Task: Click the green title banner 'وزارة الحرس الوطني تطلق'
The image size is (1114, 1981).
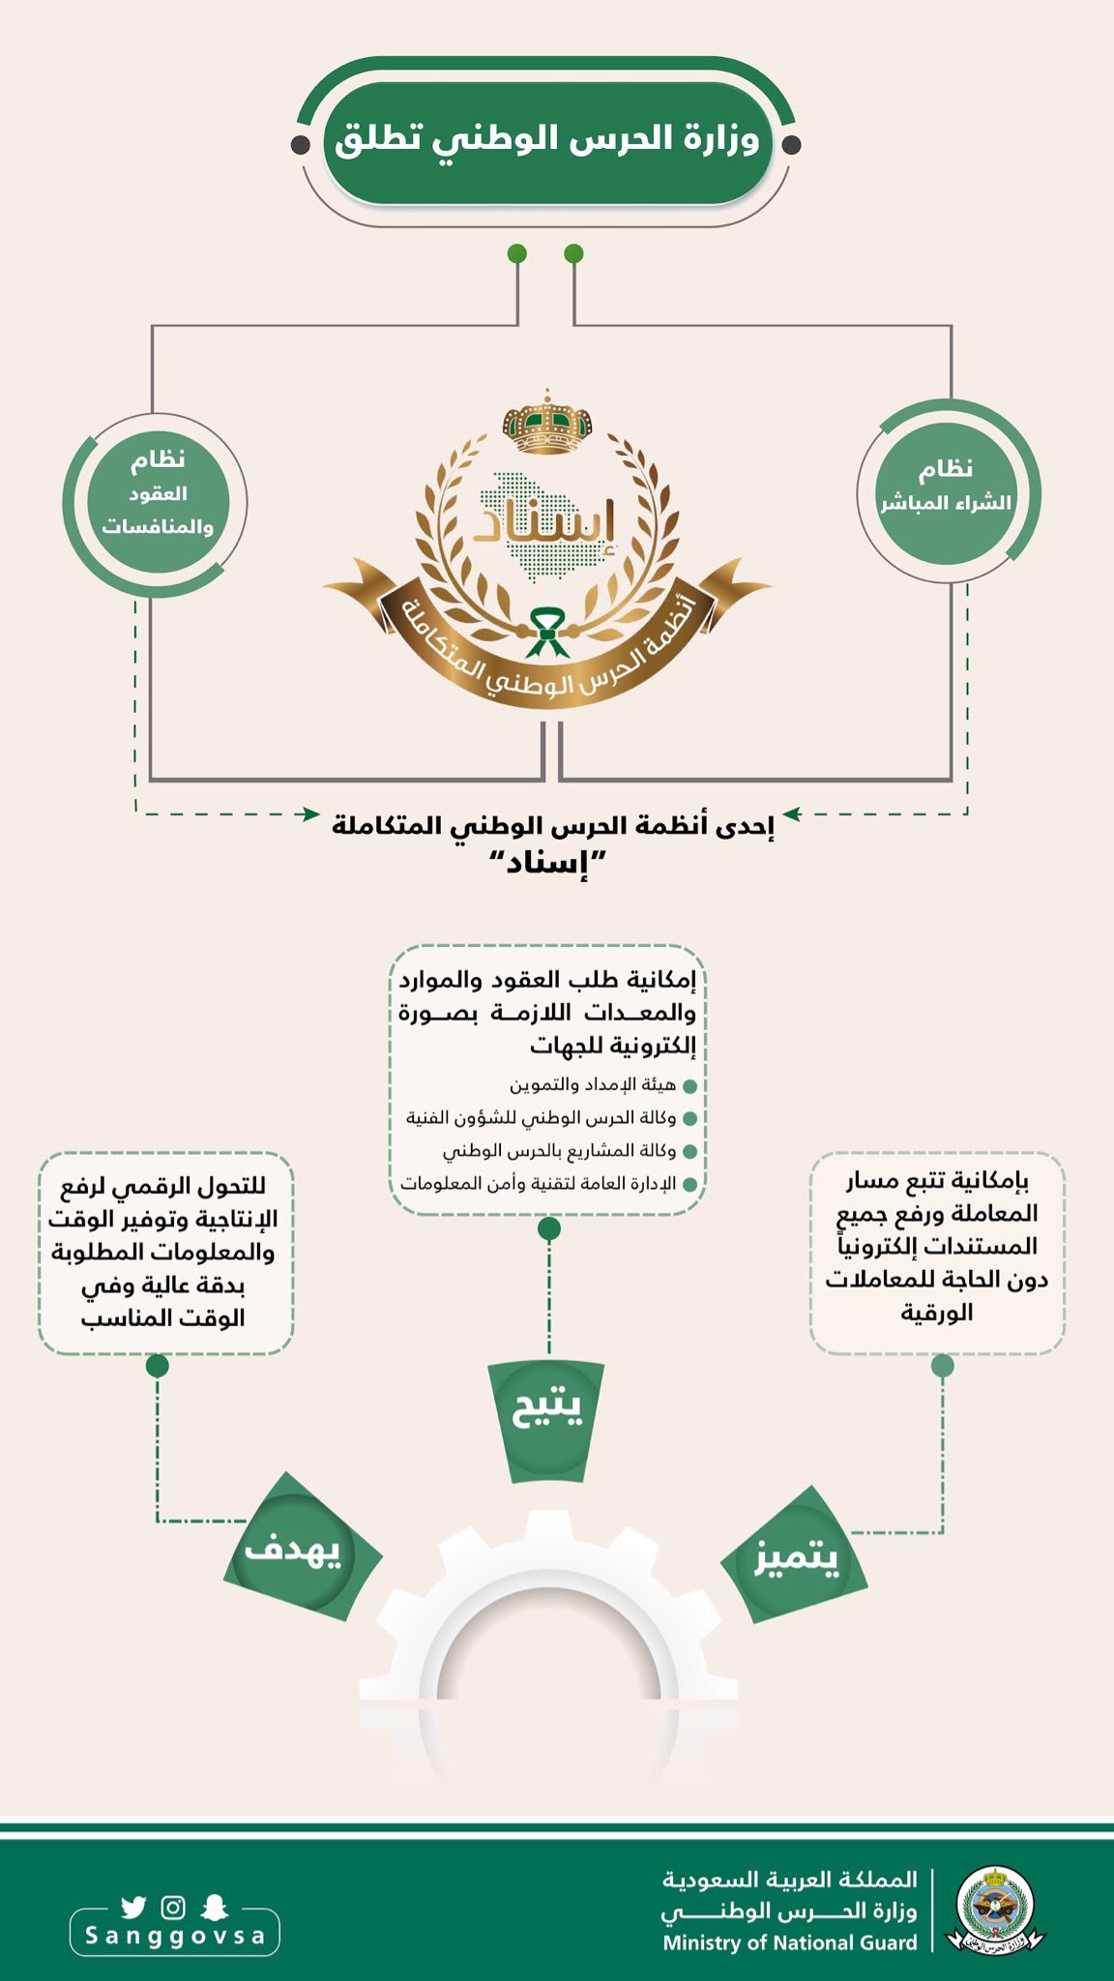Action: click(x=547, y=141)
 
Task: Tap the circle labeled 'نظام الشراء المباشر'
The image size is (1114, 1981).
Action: click(x=946, y=491)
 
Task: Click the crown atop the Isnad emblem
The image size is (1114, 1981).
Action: click(x=547, y=423)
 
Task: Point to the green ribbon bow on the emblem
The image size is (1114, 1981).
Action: click(x=548, y=631)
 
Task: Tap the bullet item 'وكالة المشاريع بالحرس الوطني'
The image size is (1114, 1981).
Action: click(x=560, y=1151)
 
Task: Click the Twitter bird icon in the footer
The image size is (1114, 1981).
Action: click(x=133, y=1907)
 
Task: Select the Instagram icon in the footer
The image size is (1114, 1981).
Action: click(x=174, y=1907)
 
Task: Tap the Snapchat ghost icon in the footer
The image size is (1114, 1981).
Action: click(x=214, y=1907)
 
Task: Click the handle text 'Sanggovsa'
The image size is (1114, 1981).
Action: click(x=175, y=1936)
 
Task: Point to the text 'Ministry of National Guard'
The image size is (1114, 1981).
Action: click(x=789, y=1942)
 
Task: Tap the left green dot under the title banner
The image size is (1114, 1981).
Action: click(x=517, y=254)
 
